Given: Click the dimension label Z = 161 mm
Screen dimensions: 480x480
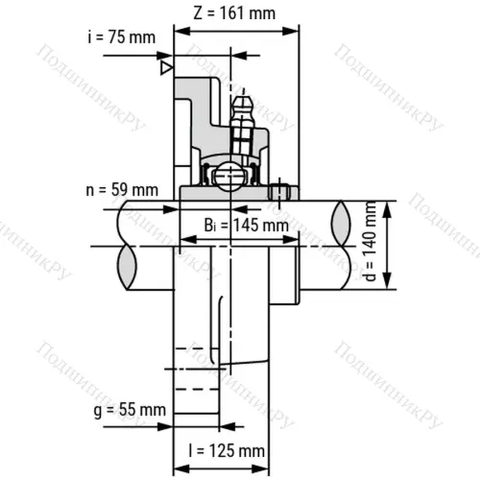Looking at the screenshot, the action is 234,13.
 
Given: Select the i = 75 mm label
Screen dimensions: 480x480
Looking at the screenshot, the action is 122,37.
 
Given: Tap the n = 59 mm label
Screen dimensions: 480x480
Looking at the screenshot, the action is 122,190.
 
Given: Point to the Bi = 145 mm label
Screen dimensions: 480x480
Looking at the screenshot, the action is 247,225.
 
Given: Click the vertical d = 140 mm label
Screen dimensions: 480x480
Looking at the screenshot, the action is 371,241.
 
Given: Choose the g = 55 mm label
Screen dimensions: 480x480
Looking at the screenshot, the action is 130,410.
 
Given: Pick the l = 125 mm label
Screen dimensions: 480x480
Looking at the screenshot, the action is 227,451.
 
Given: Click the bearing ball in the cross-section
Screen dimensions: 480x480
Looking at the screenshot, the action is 229,176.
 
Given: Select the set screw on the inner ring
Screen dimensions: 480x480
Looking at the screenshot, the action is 279,193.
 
